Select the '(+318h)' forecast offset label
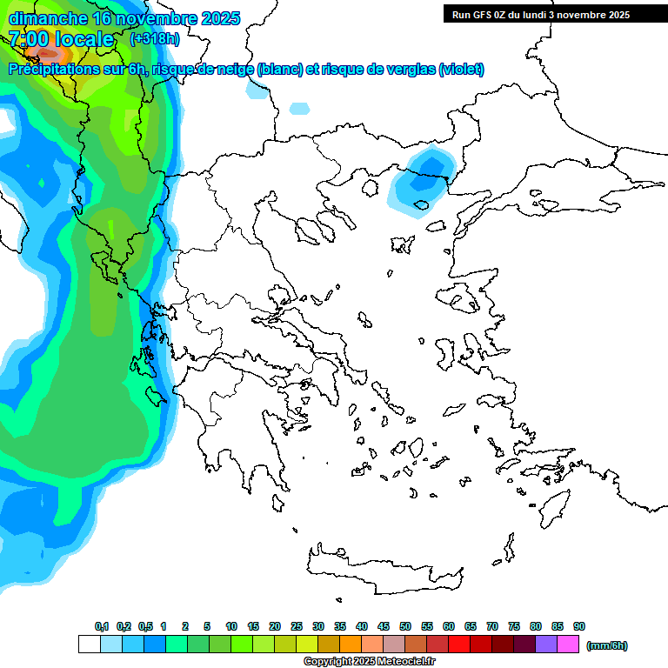pos(154,39)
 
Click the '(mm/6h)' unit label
pos(607,645)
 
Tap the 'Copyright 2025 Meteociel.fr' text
pos(369,662)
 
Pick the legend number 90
pos(579,626)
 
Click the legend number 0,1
pos(102,626)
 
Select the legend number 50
pos(405,626)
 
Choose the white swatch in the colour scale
pos(89,645)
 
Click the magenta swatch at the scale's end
pos(568,645)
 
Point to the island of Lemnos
pos(401,244)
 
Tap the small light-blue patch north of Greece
pos(298,109)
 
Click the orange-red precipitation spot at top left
pos(43,52)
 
